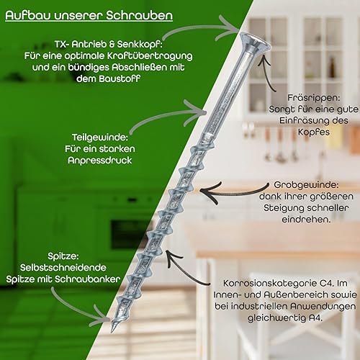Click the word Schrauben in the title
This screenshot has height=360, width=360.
click(x=140, y=15)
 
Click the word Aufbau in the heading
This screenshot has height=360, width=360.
click(x=28, y=15)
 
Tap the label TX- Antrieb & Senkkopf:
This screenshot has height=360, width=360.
click(x=109, y=44)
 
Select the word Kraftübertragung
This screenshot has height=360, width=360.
click(x=150, y=56)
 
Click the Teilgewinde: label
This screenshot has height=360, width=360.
click(x=100, y=138)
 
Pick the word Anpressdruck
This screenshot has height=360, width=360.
click(x=100, y=161)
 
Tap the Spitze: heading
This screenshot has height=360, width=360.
click(x=63, y=256)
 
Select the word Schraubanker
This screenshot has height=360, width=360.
click(x=88, y=279)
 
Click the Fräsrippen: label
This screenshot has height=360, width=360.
click(x=314, y=98)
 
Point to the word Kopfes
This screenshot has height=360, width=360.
click(x=314, y=132)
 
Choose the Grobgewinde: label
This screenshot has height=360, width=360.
click(x=306, y=185)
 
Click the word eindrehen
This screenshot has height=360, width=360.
click(x=305, y=220)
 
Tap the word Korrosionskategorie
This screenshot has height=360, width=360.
click(x=270, y=283)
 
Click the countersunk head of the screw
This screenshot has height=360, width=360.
click(x=254, y=42)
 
